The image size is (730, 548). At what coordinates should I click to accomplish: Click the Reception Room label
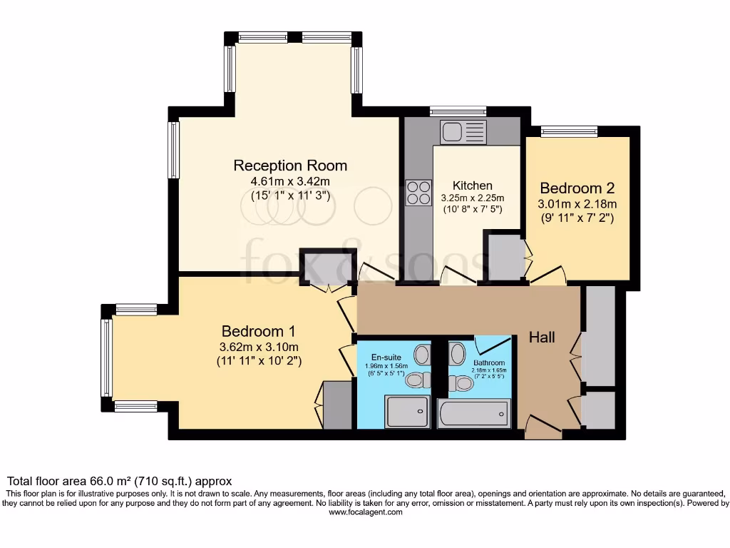[290, 166]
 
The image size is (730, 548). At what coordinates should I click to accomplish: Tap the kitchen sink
[463, 131]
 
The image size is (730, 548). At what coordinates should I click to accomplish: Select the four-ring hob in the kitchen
[418, 191]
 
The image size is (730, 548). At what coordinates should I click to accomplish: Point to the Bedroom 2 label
[577, 188]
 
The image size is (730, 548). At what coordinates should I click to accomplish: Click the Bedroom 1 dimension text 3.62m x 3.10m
[259, 347]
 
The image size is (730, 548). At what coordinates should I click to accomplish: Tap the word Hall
[542, 337]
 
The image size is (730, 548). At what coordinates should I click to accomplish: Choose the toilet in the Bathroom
[462, 383]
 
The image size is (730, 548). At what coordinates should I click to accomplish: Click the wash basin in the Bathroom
[457, 352]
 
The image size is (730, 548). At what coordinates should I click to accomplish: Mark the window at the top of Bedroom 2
[569, 131]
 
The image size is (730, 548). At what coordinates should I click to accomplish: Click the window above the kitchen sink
[458, 111]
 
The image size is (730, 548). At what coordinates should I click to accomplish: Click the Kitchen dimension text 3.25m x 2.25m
[472, 198]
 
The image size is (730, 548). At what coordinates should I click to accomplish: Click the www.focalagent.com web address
[365, 512]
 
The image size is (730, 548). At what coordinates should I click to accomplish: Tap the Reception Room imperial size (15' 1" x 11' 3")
[290, 196]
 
